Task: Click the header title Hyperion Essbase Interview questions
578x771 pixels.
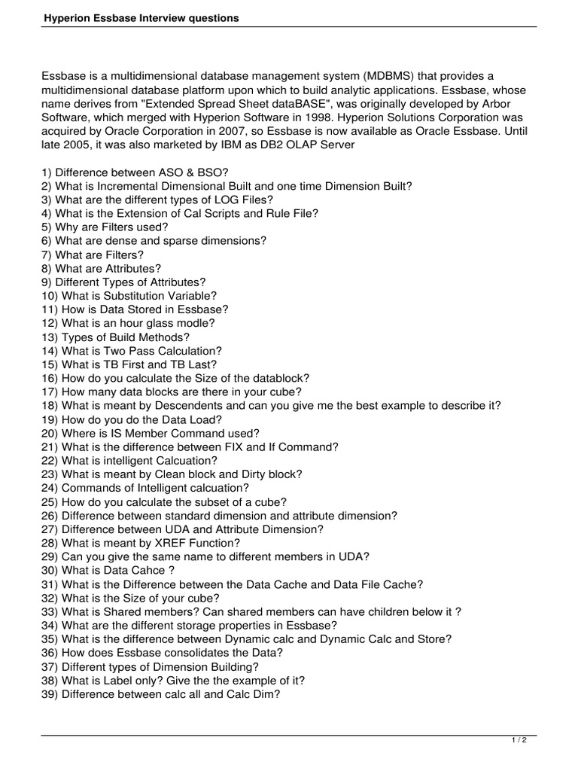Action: click(140, 17)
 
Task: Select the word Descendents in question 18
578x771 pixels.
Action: click(185, 405)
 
